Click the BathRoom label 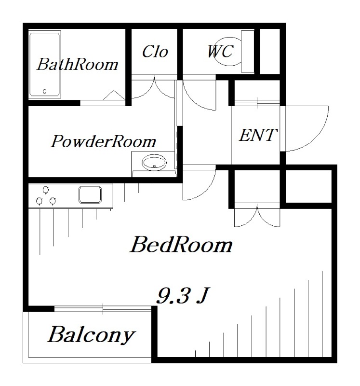[x=77, y=64]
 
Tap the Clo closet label [x=155, y=52]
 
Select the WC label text [x=220, y=51]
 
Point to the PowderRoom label [x=104, y=142]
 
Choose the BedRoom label [x=181, y=245]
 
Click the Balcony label [x=91, y=334]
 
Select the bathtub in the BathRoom [x=44, y=64]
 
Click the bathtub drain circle [x=45, y=91]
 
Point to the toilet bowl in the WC [x=227, y=52]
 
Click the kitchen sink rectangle [x=90, y=195]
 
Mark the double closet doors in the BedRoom [x=258, y=216]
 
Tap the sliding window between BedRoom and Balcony [x=103, y=308]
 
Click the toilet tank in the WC [x=247, y=52]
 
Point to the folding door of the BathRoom [x=114, y=95]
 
